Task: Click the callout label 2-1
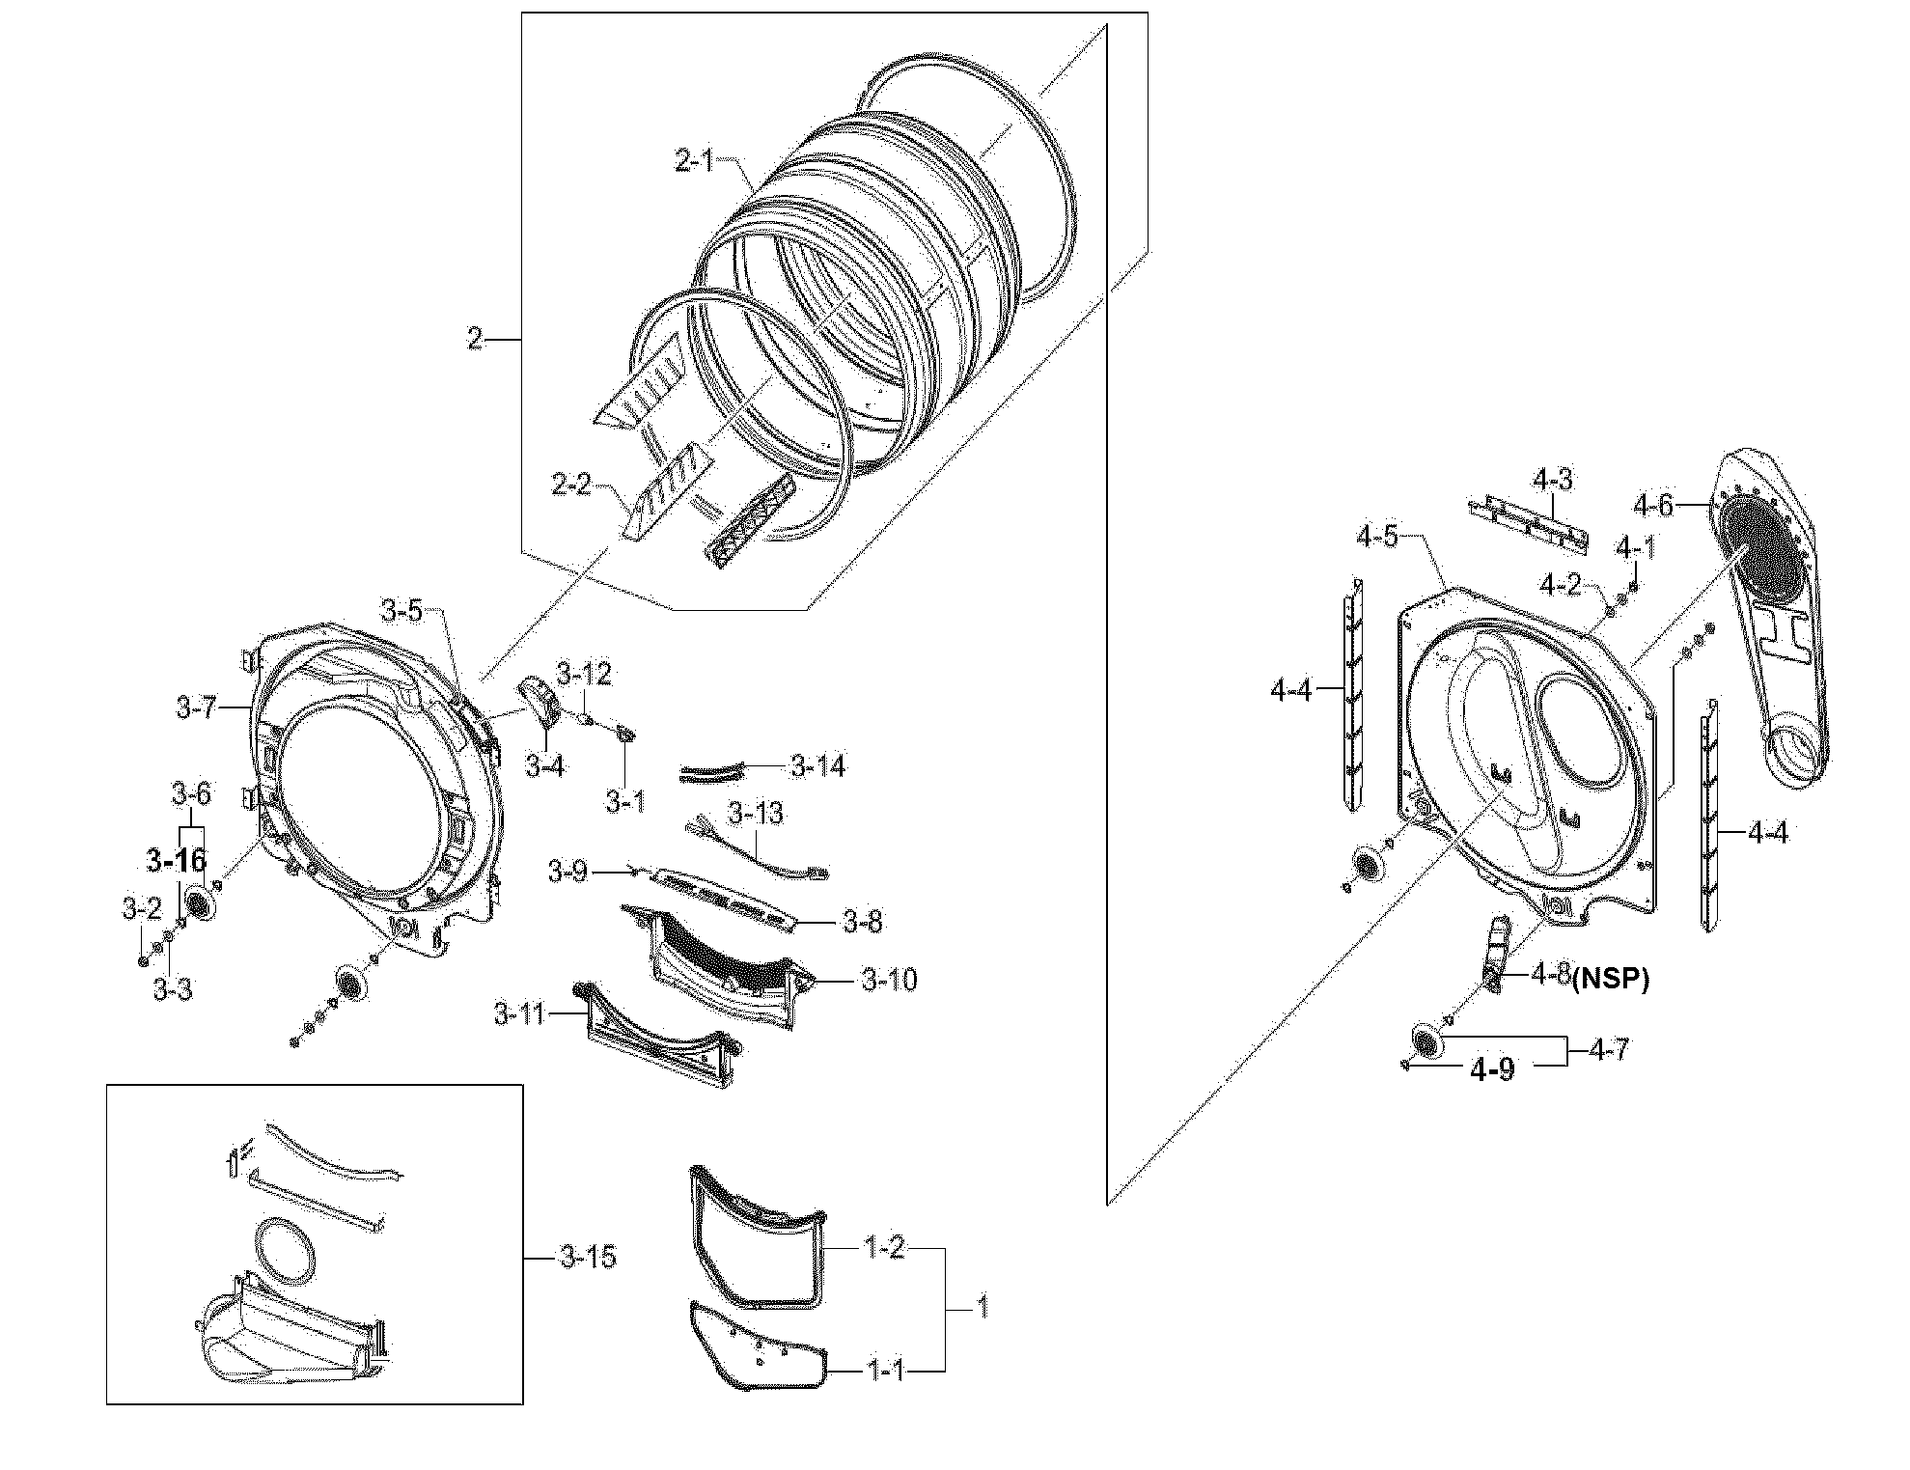pyautogui.click(x=693, y=160)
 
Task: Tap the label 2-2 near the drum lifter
pyautogui.click(x=570, y=483)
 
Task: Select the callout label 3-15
pyautogui.click(x=588, y=1258)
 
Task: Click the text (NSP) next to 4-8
pyautogui.click(x=1611, y=981)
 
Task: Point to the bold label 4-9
pyautogui.click(x=1492, y=1069)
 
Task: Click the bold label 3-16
pyautogui.click(x=177, y=859)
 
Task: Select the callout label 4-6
pyautogui.click(x=1652, y=504)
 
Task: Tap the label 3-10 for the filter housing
pyautogui.click(x=889, y=981)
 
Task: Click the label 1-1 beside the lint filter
pyautogui.click(x=884, y=1370)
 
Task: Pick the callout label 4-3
pyautogui.click(x=1552, y=479)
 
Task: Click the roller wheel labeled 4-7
pyautogui.click(x=1426, y=1040)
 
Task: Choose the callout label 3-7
pyautogui.click(x=196, y=707)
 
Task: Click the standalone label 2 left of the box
pyautogui.click(x=474, y=339)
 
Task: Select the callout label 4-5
pyautogui.click(x=1377, y=537)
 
